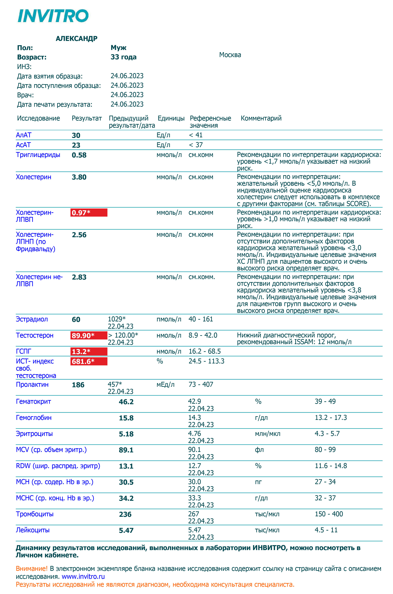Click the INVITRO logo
tap(53, 16)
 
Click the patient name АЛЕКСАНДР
tap(76, 39)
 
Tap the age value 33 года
tap(123, 57)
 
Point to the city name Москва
tap(230, 55)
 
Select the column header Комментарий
tap(261, 118)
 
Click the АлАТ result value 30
tap(76, 136)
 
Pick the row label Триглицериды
tap(38, 155)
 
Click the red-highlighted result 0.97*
tap(89, 212)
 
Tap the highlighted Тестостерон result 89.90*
tap(89, 335)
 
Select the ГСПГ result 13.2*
tap(89, 351)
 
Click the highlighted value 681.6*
tap(89, 361)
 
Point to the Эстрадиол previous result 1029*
tap(117, 319)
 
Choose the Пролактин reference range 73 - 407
tap(201, 385)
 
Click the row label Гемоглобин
tap(34, 418)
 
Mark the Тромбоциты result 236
tap(125, 514)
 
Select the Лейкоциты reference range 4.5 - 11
tap(326, 530)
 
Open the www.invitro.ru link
tap(83, 576)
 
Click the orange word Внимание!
tap(32, 568)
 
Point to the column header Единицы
tap(171, 118)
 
